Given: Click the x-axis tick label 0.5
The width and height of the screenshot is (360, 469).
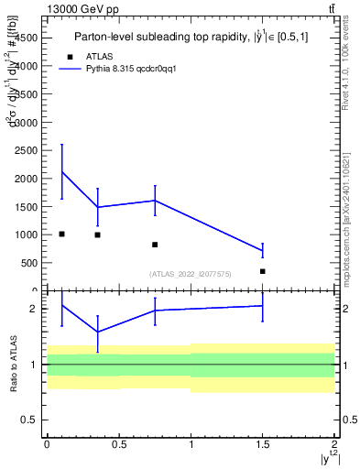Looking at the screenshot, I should [118, 443].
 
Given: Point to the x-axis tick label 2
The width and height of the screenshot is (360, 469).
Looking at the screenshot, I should [335, 443].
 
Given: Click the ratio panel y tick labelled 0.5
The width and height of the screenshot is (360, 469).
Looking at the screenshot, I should [30, 420].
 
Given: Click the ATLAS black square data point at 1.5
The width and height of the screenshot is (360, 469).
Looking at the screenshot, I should [263, 271].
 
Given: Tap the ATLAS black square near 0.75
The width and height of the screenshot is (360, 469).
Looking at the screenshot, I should [155, 245].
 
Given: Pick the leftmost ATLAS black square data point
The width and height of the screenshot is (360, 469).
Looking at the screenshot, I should [61, 234].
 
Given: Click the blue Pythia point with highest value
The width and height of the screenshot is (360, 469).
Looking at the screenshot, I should [61, 171].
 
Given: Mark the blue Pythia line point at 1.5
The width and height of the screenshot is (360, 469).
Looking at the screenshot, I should [263, 250].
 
